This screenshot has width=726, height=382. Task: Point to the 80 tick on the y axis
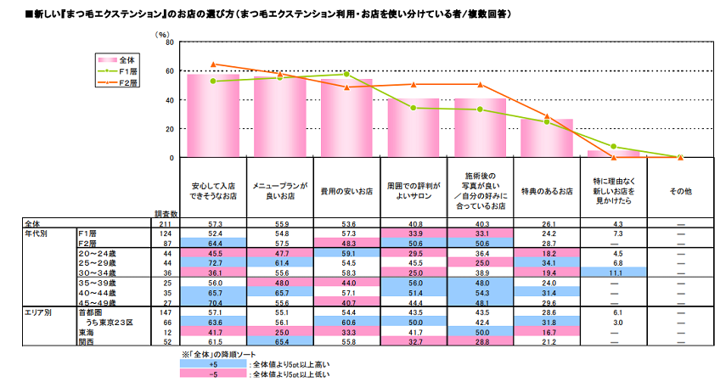(x=169, y=42)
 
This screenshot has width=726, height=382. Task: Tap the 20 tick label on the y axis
(x=169, y=129)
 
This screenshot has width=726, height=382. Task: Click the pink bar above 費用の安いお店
(x=346, y=119)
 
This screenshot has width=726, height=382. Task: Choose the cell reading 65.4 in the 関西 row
(x=279, y=341)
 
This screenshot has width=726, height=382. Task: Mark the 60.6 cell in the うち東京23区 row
(x=346, y=323)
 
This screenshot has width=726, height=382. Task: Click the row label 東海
(x=87, y=332)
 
